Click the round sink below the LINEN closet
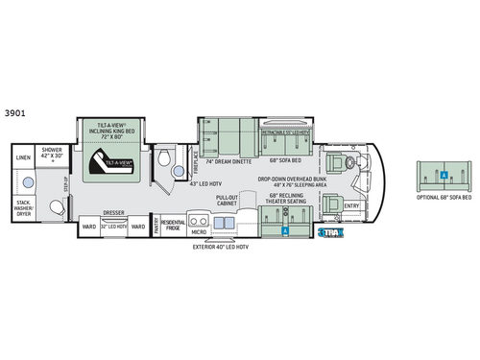click(22, 178)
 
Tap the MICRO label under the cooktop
click(199, 231)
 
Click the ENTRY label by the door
click(352, 204)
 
